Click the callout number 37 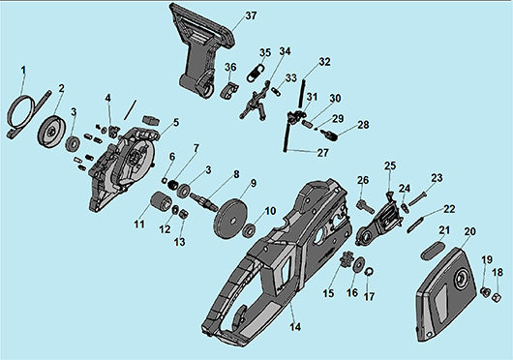pyautogui.click(x=251, y=15)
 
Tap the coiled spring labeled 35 pyautogui.click(x=256, y=74)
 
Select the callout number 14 pyautogui.click(x=295, y=327)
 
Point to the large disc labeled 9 pyautogui.click(x=231, y=217)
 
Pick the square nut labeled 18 pyautogui.click(x=497, y=296)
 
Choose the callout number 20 pyautogui.click(x=469, y=231)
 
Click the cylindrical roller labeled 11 pyautogui.click(x=161, y=201)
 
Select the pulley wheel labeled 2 pyautogui.click(x=52, y=131)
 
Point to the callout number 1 pyautogui.click(x=23, y=70)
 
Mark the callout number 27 pyautogui.click(x=323, y=153)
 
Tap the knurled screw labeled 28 pyautogui.click(x=329, y=135)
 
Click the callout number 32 pyautogui.click(x=324, y=62)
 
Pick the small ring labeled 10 pyautogui.click(x=250, y=231)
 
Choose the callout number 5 pyautogui.click(x=176, y=123)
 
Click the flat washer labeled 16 pyautogui.click(x=359, y=263)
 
